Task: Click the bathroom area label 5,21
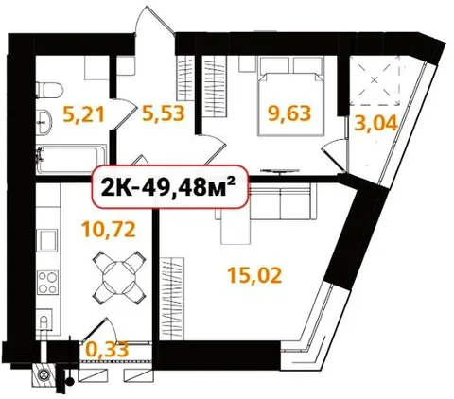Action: (x=83, y=114)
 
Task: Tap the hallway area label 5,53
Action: (x=163, y=113)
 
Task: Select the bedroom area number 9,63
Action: (x=289, y=113)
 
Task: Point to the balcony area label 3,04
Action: (x=375, y=123)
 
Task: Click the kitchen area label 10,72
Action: (x=109, y=229)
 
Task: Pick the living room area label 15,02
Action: (x=254, y=275)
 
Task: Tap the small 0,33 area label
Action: (x=107, y=350)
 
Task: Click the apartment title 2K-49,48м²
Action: (x=168, y=186)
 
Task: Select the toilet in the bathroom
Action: (x=49, y=89)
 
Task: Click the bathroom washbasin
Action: (x=44, y=122)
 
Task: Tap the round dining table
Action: (x=119, y=278)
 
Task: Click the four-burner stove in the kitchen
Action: (x=48, y=283)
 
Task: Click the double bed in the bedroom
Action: (x=291, y=95)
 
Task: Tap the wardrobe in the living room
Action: (x=172, y=299)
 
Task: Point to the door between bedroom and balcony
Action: (x=335, y=156)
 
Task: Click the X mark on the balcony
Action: (x=375, y=80)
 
